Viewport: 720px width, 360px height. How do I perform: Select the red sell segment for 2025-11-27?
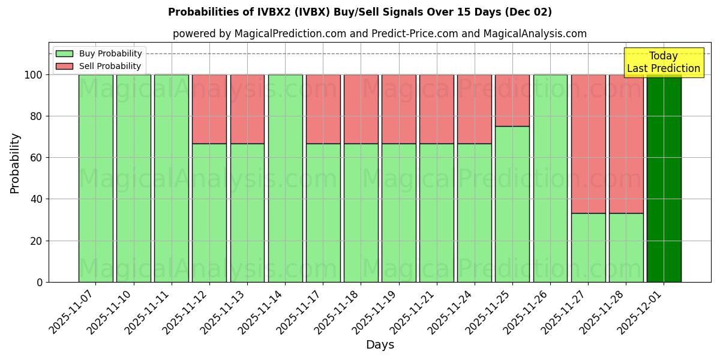(x=588, y=144)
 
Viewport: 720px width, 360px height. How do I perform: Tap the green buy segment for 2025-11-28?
(x=626, y=247)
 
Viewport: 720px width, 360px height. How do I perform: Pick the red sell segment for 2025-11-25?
(x=512, y=100)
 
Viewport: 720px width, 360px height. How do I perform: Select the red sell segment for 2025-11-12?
(x=209, y=109)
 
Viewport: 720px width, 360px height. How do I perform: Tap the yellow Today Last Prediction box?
(x=663, y=62)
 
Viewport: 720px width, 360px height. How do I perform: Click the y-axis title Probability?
(x=15, y=163)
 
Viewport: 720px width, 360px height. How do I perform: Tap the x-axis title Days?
(x=380, y=345)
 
